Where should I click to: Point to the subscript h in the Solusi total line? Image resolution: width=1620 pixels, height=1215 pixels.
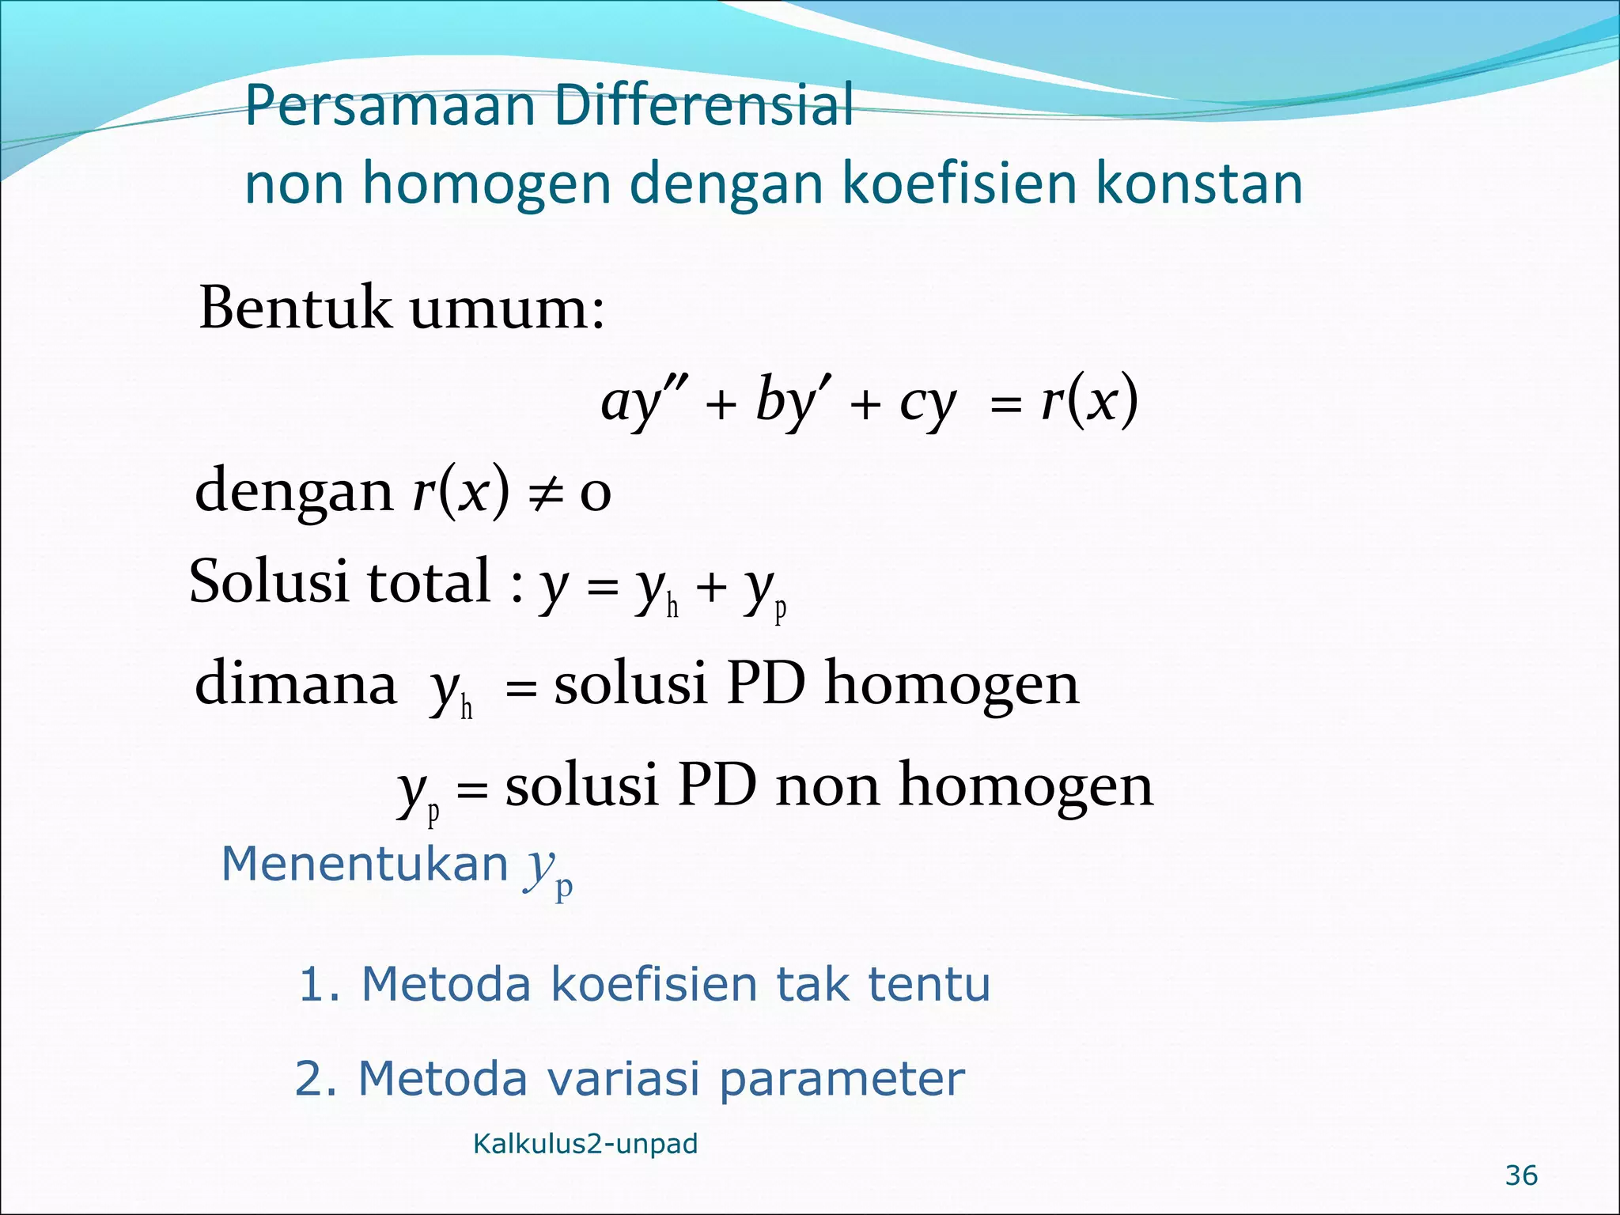tap(672, 607)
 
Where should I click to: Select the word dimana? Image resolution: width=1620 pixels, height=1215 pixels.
tap(295, 683)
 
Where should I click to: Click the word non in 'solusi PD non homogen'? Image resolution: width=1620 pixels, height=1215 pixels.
tap(827, 786)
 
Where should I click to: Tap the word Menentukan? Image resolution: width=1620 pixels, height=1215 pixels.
tap(365, 864)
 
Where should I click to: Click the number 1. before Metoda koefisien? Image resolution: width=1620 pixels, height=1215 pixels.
tap(319, 985)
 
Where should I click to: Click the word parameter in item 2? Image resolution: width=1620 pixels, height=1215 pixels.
tap(842, 1081)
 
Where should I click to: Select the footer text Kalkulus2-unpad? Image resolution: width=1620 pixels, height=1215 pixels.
tap(585, 1144)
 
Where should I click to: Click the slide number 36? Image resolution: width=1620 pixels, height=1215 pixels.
tap(1521, 1176)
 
